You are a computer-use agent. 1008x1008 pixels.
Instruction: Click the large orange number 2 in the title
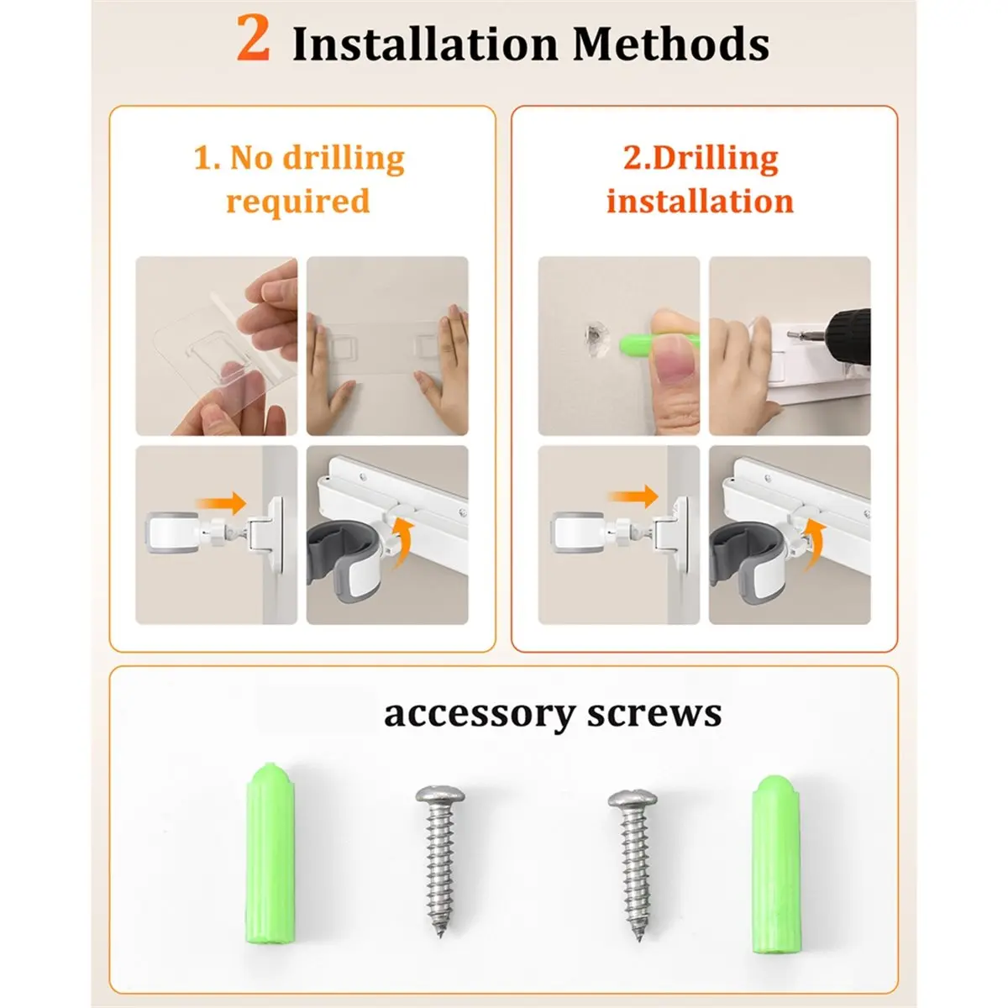tap(253, 38)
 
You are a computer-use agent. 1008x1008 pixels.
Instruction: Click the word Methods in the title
tap(670, 44)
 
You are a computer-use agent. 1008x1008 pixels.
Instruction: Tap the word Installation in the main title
tap(425, 44)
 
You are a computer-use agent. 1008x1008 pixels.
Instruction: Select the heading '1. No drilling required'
tap(299, 179)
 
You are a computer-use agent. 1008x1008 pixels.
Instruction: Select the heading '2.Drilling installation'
tap(701, 179)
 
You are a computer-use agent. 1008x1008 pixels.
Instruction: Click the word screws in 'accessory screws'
tap(654, 713)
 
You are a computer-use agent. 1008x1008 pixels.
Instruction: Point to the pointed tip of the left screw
tap(440, 936)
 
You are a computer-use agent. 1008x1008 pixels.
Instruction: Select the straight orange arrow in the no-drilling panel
tap(221, 503)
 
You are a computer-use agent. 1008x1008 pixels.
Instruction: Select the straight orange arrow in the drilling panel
tap(633, 496)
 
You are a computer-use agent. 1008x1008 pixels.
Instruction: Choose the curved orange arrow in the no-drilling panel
tap(404, 543)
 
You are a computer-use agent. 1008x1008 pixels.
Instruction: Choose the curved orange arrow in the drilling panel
tap(814, 545)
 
